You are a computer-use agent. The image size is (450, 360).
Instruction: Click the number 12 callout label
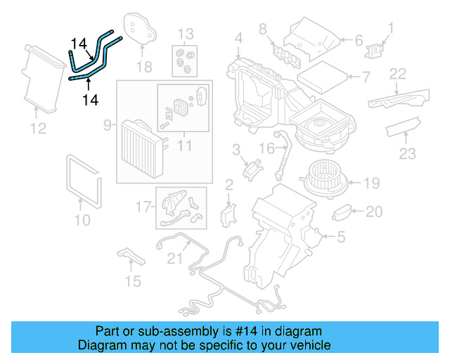(38, 128)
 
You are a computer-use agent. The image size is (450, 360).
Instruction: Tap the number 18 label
(143, 67)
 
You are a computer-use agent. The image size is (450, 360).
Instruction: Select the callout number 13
(184, 34)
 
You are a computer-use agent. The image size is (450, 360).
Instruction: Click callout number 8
(262, 29)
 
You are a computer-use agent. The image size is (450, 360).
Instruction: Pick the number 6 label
(357, 40)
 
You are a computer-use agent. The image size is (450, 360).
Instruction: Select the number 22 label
(398, 73)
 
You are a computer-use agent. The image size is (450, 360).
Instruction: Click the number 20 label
(375, 210)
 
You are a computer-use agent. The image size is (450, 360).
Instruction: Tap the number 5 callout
(341, 238)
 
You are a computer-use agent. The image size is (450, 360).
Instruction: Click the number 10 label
(82, 220)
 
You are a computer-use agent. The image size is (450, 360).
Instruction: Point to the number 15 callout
(132, 282)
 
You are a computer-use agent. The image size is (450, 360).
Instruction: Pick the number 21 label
(174, 259)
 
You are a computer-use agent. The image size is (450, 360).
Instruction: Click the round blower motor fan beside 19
(325, 180)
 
